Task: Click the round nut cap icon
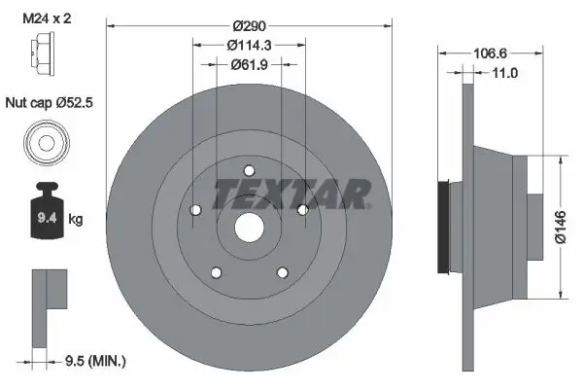pos(46,142)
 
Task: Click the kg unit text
pos(76,221)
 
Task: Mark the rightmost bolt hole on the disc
pos(302,209)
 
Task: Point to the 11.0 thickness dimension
pos(503,73)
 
